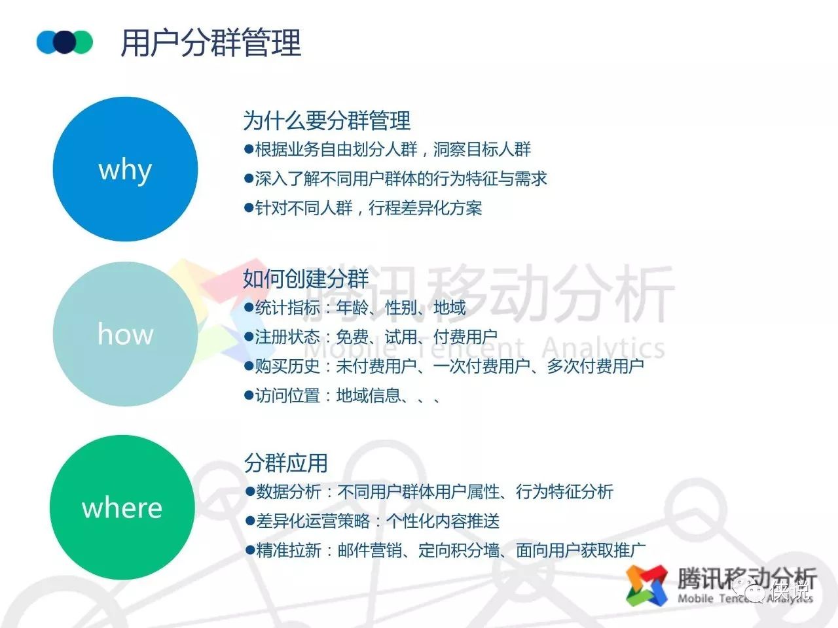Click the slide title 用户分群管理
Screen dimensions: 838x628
pyautogui.click(x=211, y=43)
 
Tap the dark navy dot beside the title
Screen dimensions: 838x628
pyautogui.click(x=65, y=42)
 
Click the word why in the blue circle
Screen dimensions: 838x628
pyautogui.click(x=125, y=171)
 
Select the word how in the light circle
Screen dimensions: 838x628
pyautogui.click(x=126, y=334)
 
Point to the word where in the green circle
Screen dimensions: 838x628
pyautogui.click(x=122, y=508)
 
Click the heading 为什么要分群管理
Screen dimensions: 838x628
pyautogui.click(x=327, y=120)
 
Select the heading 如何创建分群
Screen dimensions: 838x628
pyautogui.click(x=306, y=279)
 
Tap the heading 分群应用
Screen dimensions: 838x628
pyautogui.click(x=285, y=463)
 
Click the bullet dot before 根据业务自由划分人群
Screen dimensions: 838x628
pyautogui.click(x=249, y=148)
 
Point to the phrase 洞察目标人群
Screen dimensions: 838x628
pyautogui.click(x=482, y=149)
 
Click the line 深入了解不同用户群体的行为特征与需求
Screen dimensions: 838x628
pyautogui.click(x=401, y=179)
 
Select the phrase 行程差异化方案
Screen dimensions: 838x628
pyautogui.click(x=426, y=208)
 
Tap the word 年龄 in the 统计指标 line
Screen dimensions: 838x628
pyautogui.click(x=352, y=307)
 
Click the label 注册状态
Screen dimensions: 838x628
pyautogui.click(x=287, y=337)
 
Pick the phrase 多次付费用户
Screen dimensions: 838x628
pyautogui.click(x=596, y=366)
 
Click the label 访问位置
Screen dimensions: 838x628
pyautogui.click(x=287, y=396)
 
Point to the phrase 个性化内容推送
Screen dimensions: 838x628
pyautogui.click(x=443, y=521)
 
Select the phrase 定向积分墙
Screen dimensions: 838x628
pyautogui.click(x=459, y=550)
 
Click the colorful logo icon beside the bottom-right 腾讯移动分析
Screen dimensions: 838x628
pyautogui.click(x=647, y=585)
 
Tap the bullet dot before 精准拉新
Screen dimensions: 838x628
pyautogui.click(x=250, y=550)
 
